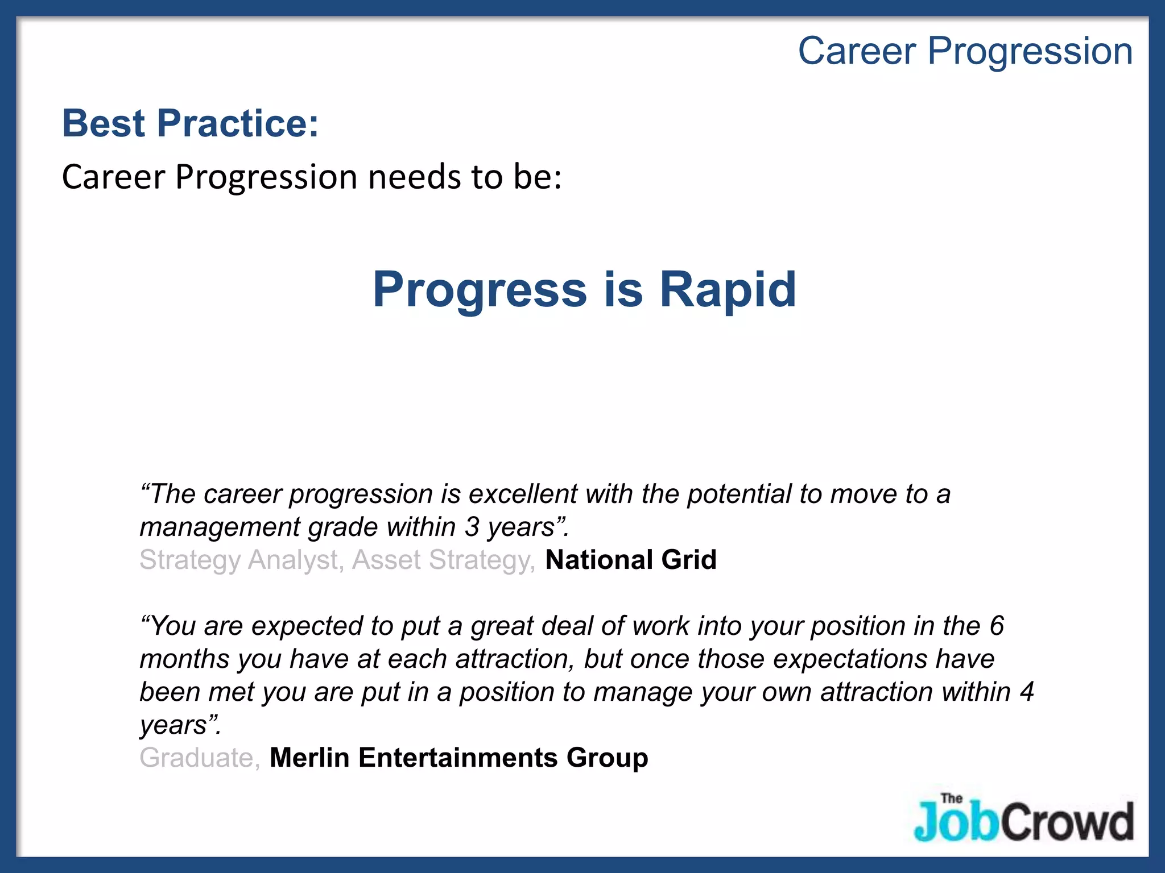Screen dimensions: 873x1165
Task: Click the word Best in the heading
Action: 104,123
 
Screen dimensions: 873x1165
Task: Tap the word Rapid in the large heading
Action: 728,290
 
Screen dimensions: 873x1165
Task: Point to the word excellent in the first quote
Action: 523,494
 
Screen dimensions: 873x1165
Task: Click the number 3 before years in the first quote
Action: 472,527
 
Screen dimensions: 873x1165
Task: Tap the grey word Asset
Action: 386,560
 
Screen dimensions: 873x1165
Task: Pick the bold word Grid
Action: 689,560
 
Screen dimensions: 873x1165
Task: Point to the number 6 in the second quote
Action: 997,626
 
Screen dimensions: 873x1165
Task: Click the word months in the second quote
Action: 184,659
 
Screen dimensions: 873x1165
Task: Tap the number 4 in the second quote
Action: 1026,692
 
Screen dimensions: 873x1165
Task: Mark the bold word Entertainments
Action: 458,758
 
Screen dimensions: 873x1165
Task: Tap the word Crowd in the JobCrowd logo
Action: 1067,822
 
